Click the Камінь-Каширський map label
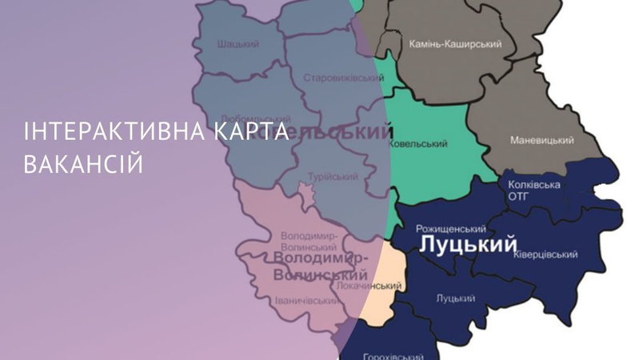coord(454,44)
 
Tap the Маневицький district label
coord(541,141)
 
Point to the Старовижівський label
coord(343,78)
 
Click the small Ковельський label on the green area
coord(417,144)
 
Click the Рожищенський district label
coord(450,228)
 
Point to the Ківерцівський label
coord(546,255)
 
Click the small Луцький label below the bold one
coord(455,298)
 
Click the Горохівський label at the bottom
coord(393,355)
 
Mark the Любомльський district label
coord(256,118)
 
